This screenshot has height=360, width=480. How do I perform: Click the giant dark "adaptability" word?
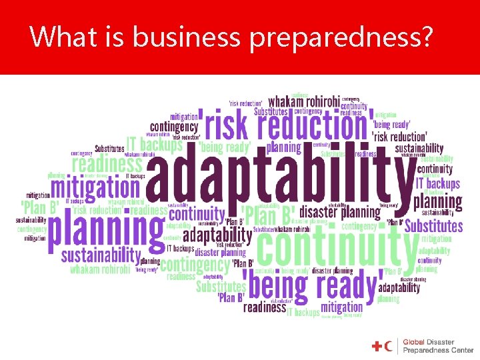coord(280,176)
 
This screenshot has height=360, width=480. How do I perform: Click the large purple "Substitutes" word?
coord(433,226)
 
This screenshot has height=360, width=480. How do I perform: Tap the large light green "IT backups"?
coord(155,143)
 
